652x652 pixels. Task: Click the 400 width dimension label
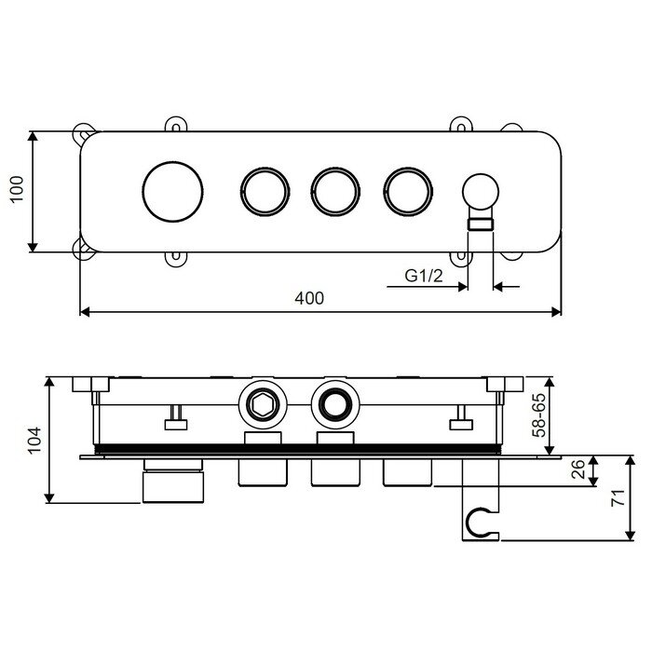(309, 298)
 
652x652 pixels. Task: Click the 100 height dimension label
(17, 189)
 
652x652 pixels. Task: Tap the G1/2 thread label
(424, 276)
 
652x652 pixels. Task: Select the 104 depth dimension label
(35, 440)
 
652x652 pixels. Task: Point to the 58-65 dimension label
(539, 415)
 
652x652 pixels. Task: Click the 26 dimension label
(578, 469)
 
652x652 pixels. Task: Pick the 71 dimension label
(618, 497)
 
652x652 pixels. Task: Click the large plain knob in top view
(172, 191)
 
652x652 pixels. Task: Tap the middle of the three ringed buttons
(335, 192)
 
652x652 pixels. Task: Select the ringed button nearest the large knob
(265, 192)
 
